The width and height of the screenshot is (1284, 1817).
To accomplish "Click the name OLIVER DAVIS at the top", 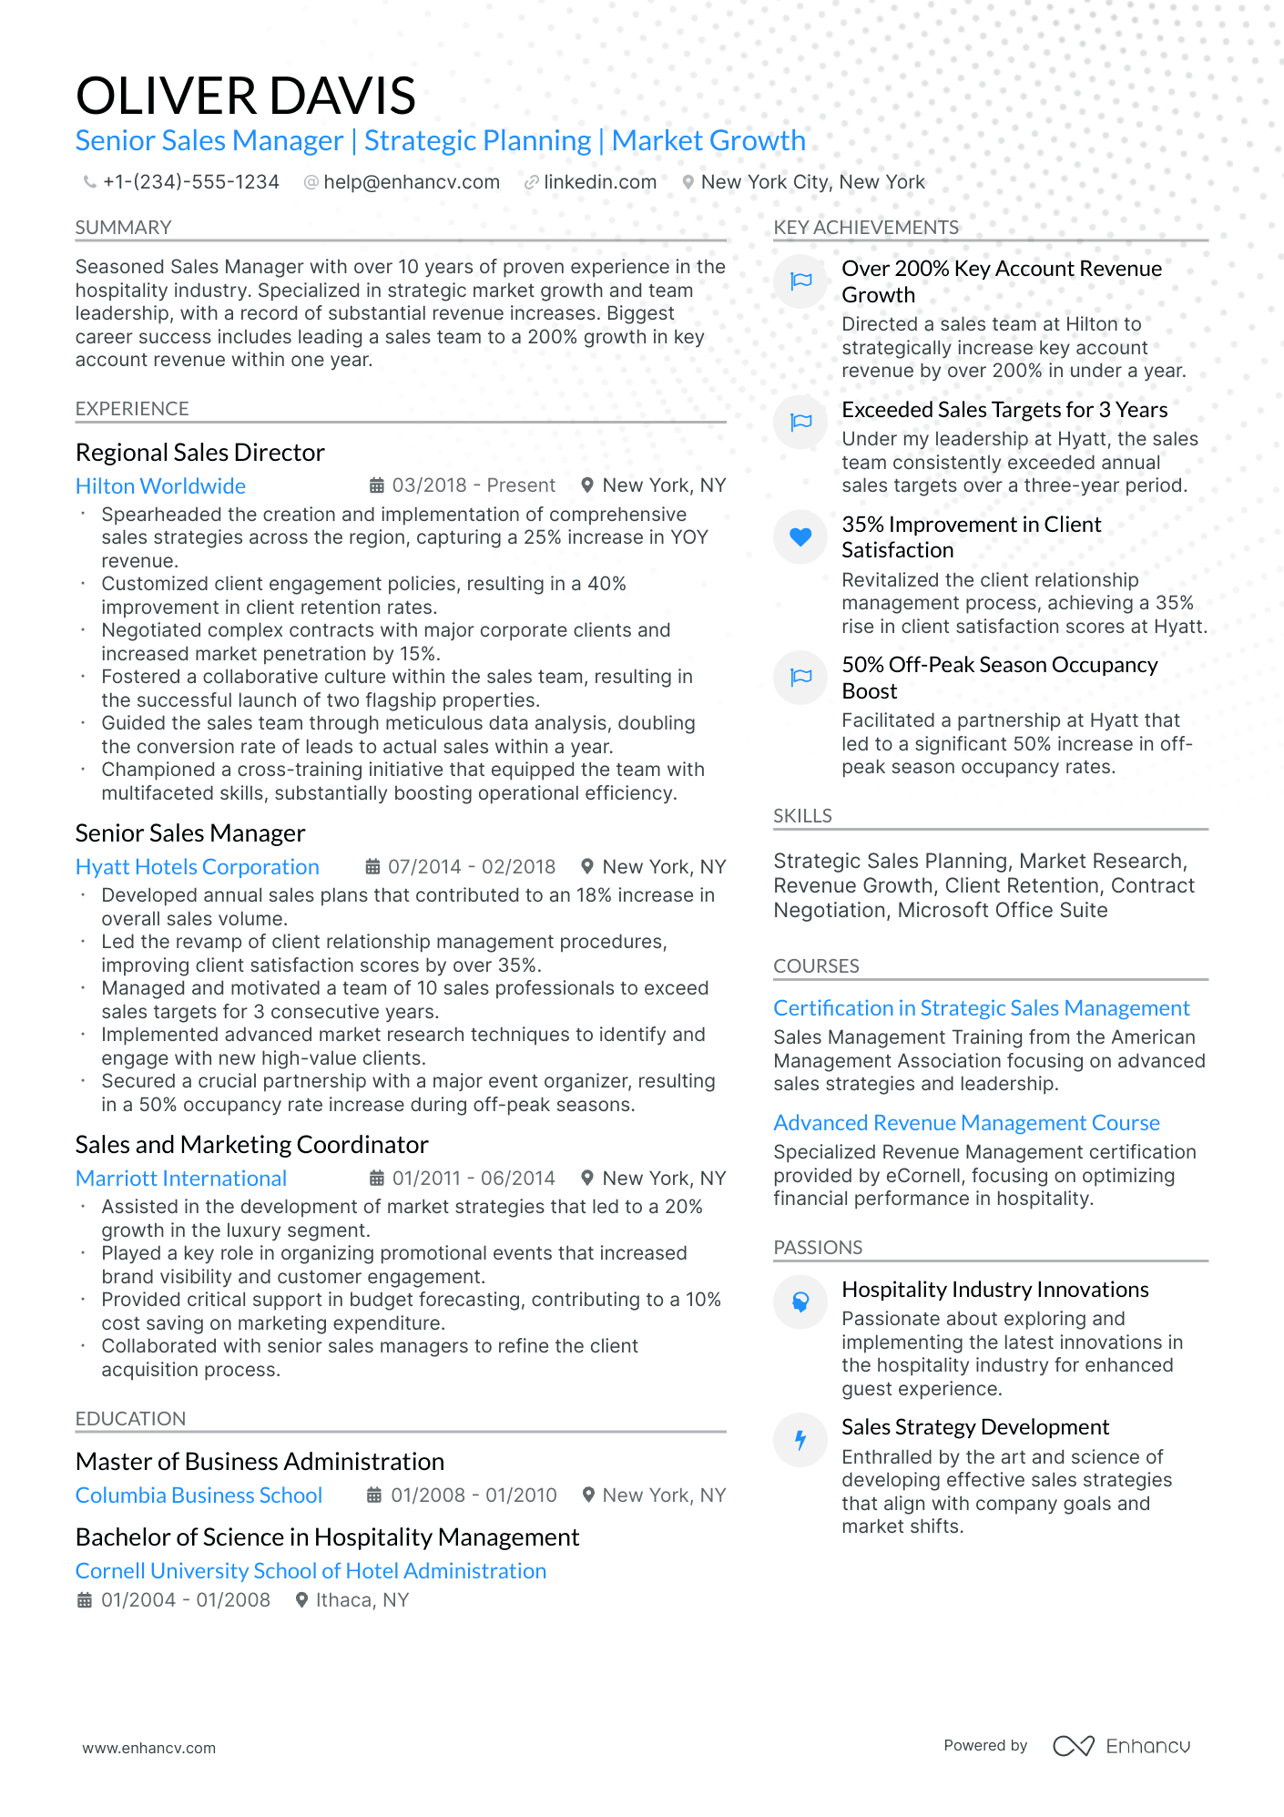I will coord(246,97).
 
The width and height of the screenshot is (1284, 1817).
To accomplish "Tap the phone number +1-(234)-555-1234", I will coord(190,182).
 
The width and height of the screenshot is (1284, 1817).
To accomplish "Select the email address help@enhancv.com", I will coord(412,182).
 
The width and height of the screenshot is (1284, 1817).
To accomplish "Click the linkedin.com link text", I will coord(600,182).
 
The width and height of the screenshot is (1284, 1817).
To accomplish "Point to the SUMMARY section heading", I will coord(123,228).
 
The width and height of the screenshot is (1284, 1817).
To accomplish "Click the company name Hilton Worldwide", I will coord(160,486).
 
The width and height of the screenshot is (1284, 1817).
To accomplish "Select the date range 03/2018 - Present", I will coord(473,485).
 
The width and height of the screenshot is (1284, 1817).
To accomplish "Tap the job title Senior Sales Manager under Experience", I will coord(190,833).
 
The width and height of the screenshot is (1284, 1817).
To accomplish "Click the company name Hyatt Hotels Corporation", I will coord(197,867).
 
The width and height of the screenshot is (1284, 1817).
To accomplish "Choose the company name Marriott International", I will coord(181,1179).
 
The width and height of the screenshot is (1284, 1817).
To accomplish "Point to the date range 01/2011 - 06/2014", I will coord(473,1179).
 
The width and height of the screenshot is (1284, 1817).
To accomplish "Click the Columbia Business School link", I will coord(199,1495).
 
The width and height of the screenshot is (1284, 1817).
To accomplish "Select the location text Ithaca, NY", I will coord(362,1600).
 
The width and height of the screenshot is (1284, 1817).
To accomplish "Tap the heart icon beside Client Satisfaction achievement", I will coord(800,537).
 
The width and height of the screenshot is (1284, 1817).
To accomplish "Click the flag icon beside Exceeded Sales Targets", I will coord(800,422).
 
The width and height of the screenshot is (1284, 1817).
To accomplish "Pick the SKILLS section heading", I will coord(802,816).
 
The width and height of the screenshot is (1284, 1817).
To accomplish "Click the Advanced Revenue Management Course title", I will coord(966,1123).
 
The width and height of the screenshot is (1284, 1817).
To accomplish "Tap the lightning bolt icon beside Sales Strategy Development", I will coord(800,1440).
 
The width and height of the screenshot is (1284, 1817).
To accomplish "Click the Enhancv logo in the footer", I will coord(1121,1746).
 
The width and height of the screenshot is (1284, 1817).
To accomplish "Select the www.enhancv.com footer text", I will coord(149,1748).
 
